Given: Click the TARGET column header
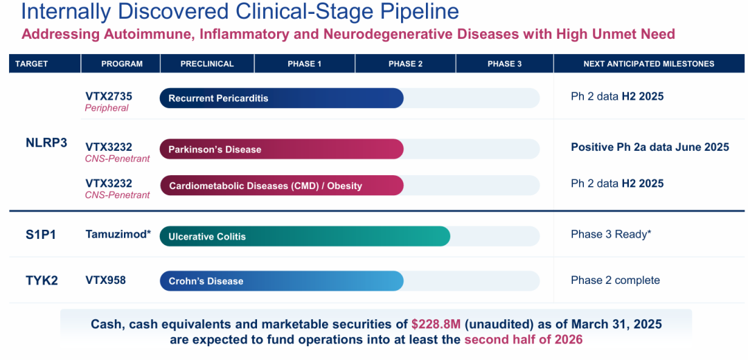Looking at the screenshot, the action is [x=31, y=64].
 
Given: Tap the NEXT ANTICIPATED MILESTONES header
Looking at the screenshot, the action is [x=649, y=64].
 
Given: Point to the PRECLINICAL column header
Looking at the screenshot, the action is [x=207, y=64].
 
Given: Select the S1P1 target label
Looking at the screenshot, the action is [x=41, y=235].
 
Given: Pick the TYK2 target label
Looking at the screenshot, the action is [x=42, y=280].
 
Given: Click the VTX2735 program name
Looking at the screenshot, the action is [x=109, y=96].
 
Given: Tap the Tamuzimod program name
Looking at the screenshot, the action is [x=118, y=234].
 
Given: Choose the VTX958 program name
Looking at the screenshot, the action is [x=105, y=280].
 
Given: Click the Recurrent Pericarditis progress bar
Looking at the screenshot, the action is [x=281, y=98].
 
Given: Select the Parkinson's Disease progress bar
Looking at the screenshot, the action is [x=281, y=150].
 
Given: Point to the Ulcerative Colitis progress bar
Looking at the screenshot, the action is [x=305, y=237].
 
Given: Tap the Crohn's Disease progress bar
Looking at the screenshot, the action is [x=281, y=281].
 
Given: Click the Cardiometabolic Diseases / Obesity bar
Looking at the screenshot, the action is [x=281, y=186].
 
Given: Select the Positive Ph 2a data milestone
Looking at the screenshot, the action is [x=650, y=147].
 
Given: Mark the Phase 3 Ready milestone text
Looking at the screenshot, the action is [x=611, y=235].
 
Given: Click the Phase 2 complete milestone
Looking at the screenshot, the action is [x=616, y=280].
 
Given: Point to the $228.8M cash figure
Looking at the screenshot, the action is [x=436, y=325].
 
